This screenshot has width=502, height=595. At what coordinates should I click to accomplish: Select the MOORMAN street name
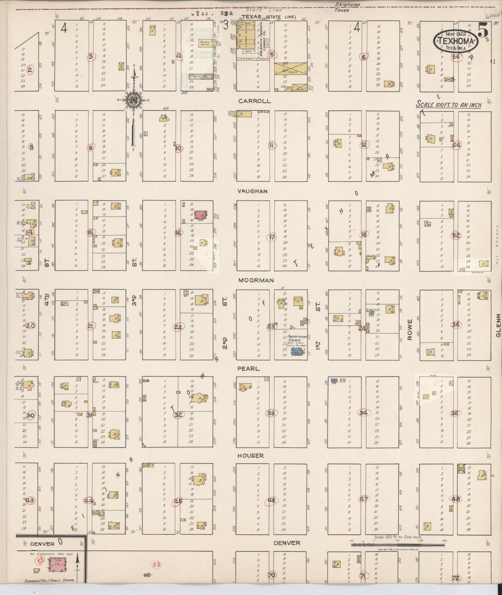tap(256, 280)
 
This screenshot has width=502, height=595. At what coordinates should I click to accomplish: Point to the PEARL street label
tap(248, 369)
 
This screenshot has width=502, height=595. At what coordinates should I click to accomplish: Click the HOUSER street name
tap(250, 455)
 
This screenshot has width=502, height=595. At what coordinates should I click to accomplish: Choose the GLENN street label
tap(498, 325)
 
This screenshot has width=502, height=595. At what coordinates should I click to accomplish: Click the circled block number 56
tap(456, 57)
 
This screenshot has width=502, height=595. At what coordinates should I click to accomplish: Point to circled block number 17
tap(272, 238)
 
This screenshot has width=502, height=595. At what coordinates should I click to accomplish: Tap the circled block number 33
tap(271, 413)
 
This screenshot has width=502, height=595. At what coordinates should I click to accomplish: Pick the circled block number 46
tap(271, 501)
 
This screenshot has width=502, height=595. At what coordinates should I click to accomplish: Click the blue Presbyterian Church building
tap(296, 353)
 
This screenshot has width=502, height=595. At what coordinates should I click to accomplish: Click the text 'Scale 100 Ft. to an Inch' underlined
tap(449, 105)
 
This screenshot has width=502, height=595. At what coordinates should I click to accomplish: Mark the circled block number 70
tap(272, 575)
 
